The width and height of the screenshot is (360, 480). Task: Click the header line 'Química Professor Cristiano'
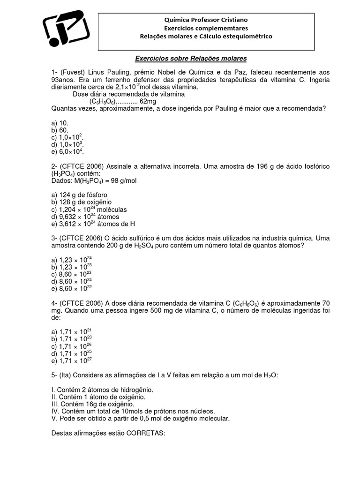[206, 20]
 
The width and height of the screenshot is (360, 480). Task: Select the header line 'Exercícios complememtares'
[206, 28]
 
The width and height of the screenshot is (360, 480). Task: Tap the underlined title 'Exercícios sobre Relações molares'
[191, 59]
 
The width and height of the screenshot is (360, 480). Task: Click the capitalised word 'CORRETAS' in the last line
[145, 433]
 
